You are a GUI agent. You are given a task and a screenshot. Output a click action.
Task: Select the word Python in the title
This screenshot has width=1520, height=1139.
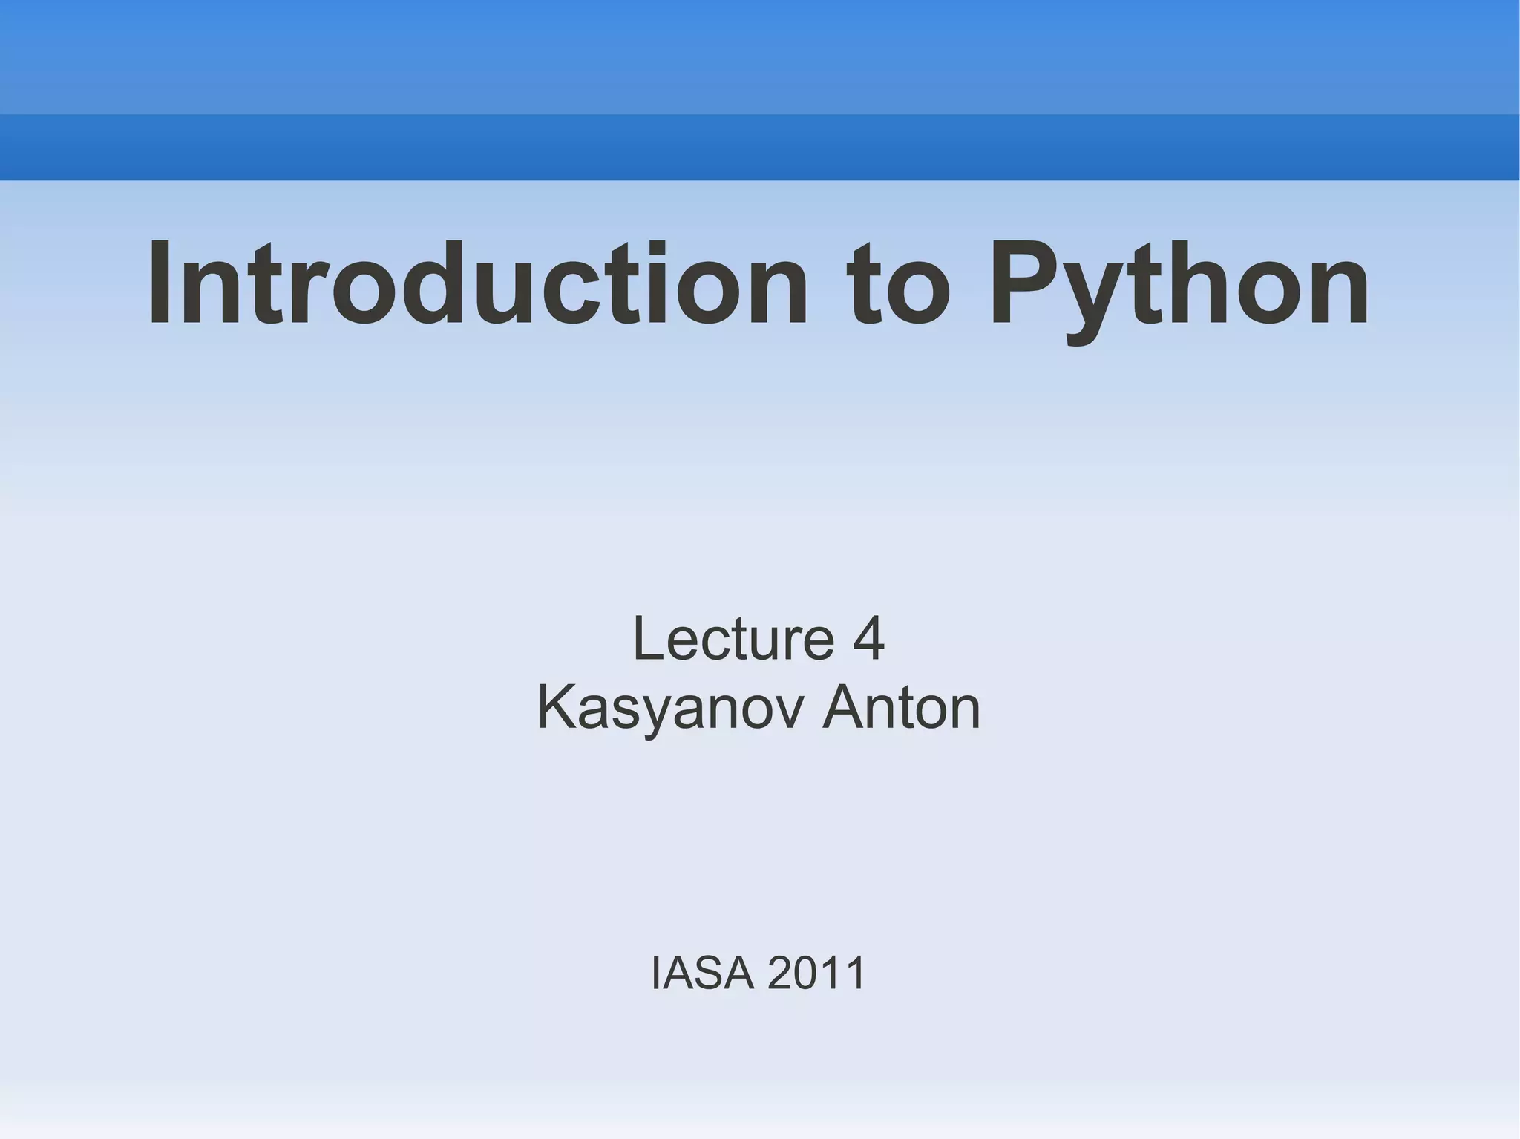(x=1179, y=286)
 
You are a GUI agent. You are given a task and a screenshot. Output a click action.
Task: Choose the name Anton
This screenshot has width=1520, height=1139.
(x=902, y=708)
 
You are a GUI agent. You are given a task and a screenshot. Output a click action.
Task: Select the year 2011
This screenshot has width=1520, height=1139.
(x=816, y=973)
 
